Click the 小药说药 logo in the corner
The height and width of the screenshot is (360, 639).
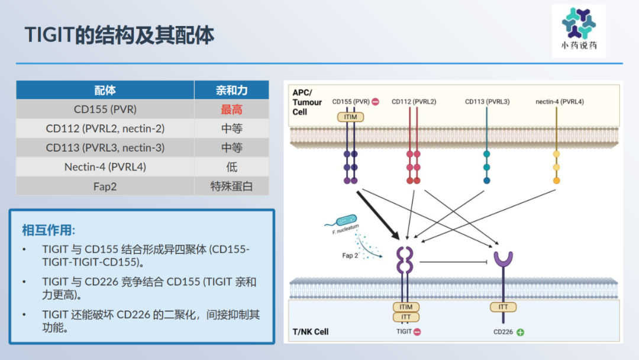(x=579, y=30)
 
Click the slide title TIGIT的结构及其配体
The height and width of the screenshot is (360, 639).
(x=119, y=36)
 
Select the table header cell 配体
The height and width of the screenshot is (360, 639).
(x=105, y=90)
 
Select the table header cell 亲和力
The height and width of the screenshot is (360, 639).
(x=231, y=90)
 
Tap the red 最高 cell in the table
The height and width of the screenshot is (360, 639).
(x=231, y=109)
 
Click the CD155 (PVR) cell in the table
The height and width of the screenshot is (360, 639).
(x=105, y=109)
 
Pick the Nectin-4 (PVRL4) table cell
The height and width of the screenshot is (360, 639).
(x=105, y=167)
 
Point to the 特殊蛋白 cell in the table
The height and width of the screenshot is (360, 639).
(x=231, y=186)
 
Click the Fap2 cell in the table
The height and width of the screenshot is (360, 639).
(x=105, y=186)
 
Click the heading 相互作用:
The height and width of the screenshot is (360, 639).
(x=49, y=230)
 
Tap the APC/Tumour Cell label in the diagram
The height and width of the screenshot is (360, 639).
(x=307, y=102)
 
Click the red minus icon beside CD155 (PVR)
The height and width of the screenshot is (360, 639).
(x=375, y=102)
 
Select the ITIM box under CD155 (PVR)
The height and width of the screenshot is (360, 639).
(x=350, y=117)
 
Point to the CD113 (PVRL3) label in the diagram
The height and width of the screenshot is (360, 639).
(x=487, y=102)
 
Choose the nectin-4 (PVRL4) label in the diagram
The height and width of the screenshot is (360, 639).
(x=559, y=102)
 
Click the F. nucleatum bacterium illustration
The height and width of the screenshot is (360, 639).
(x=346, y=221)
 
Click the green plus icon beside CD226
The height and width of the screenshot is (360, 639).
(x=520, y=332)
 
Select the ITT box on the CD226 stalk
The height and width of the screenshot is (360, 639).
(x=503, y=307)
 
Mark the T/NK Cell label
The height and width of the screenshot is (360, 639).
(x=310, y=332)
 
